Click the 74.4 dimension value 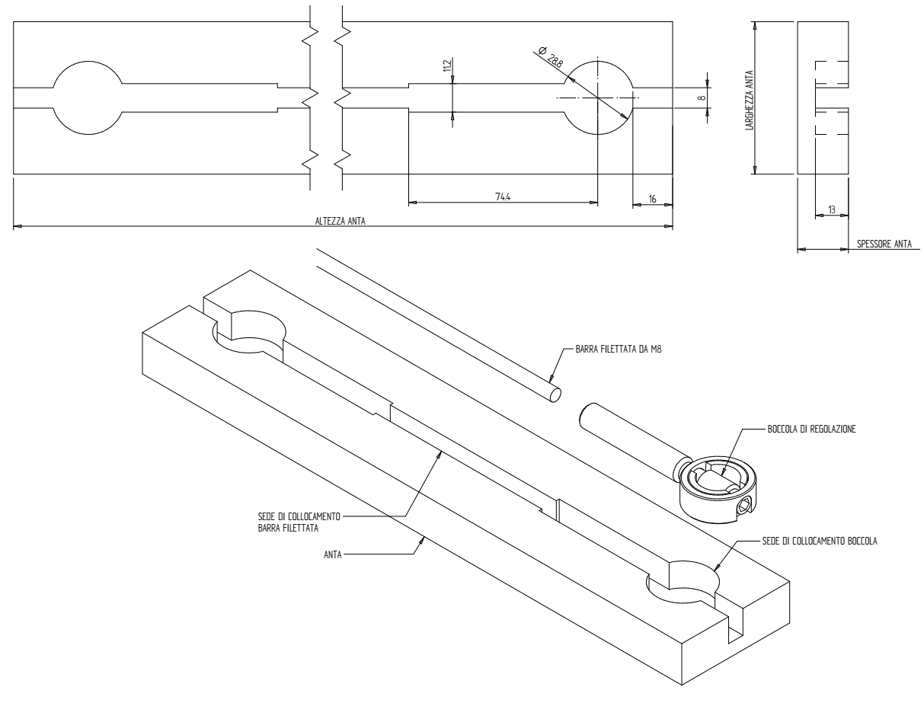click(502, 196)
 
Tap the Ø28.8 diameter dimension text click(552, 58)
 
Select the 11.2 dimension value click(447, 67)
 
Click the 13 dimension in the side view click(831, 209)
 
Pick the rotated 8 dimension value click(701, 97)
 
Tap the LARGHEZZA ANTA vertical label click(750, 97)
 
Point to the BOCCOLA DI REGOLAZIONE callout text click(812, 429)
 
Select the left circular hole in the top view click(86, 98)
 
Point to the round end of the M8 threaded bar click(554, 393)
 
